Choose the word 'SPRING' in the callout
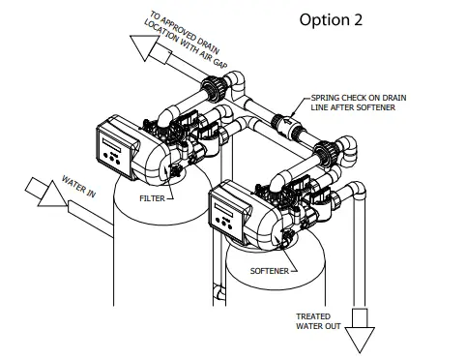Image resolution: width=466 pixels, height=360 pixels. point(327,99)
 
